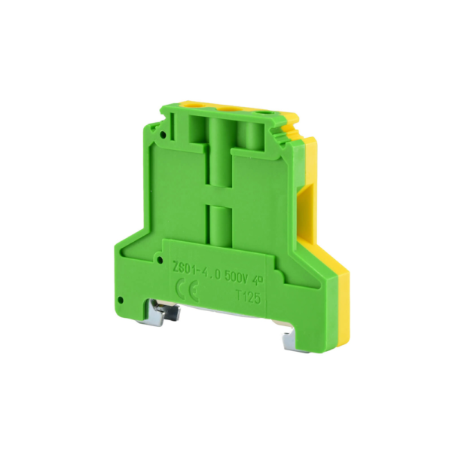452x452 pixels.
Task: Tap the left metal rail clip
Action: point(169,313)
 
